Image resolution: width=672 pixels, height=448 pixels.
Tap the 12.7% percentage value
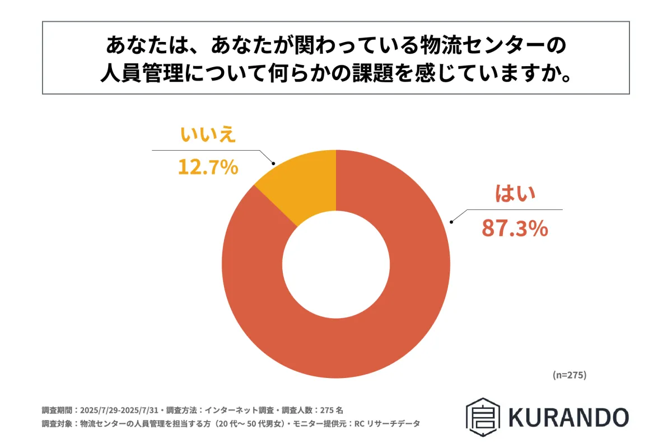point(208,167)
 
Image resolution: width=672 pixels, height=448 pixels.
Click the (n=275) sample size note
point(568,375)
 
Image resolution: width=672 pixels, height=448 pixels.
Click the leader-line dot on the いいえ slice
point(273,164)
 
